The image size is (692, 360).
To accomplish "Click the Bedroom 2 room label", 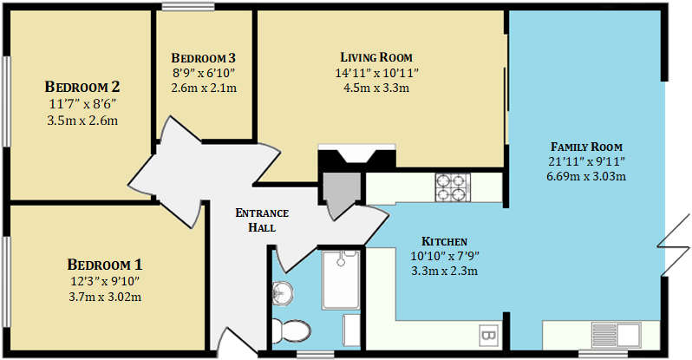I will (x=82, y=87).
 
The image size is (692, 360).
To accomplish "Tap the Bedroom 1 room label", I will (x=104, y=264).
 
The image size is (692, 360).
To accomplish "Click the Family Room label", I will (x=586, y=146).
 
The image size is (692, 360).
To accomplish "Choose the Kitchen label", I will (x=444, y=240).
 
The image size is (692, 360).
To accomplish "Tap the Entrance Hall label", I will (x=262, y=220).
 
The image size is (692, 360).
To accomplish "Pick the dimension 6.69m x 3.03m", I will (x=586, y=176).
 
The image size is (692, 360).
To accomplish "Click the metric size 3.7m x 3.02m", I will (x=104, y=297).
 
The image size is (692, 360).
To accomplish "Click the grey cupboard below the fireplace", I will (x=339, y=187).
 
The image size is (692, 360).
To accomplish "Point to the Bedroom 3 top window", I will (x=187, y=8).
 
